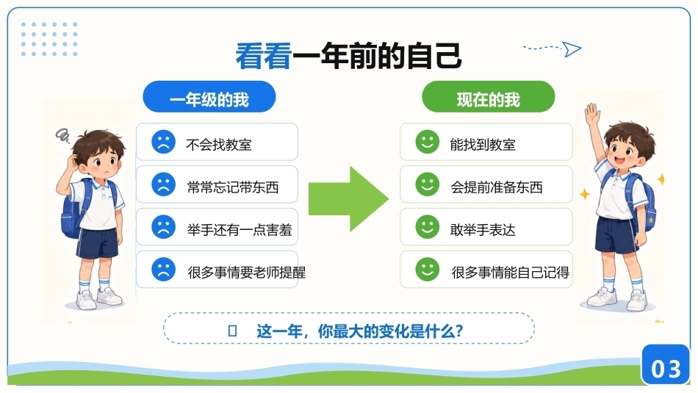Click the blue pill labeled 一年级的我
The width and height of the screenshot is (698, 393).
pyautogui.click(x=209, y=96)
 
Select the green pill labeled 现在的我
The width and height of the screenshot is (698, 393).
pyautogui.click(x=489, y=96)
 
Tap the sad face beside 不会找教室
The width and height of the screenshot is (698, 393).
pyautogui.click(x=163, y=142)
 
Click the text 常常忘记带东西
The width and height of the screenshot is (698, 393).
pyautogui.click(x=233, y=187)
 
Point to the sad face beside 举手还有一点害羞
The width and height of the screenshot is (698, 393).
pyautogui.click(x=163, y=226)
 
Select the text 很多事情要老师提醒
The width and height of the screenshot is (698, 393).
pyautogui.click(x=247, y=273)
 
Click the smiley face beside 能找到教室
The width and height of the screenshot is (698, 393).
pyautogui.click(x=428, y=142)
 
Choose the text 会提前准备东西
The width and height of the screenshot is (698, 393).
pyautogui.click(x=497, y=187)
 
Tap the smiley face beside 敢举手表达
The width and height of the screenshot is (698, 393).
pyautogui.click(x=428, y=226)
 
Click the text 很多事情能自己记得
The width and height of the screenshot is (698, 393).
pyautogui.click(x=510, y=273)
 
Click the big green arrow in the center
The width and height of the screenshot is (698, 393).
pyautogui.click(x=348, y=199)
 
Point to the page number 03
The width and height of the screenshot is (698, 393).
pyautogui.click(x=666, y=369)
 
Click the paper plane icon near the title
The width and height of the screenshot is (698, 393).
pyautogui.click(x=572, y=49)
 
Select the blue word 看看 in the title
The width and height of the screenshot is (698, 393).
pyautogui.click(x=264, y=56)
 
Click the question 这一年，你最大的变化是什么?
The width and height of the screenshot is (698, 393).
pyautogui.click(x=360, y=331)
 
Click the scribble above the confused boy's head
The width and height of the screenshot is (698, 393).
pyautogui.click(x=62, y=135)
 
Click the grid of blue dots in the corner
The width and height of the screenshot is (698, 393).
pyautogui.click(x=49, y=39)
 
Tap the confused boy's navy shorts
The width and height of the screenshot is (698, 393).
pyautogui.click(x=98, y=243)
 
